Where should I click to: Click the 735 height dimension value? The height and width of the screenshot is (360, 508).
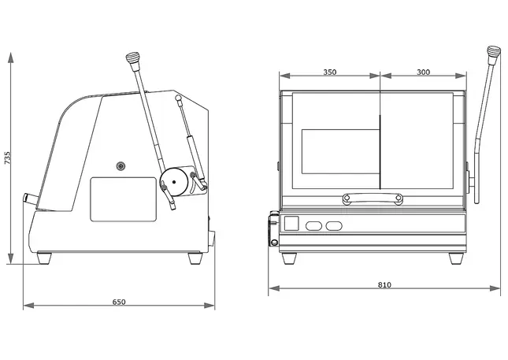[8, 158]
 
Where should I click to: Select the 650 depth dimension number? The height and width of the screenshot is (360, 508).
[119, 301]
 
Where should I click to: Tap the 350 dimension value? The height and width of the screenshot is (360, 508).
[330, 72]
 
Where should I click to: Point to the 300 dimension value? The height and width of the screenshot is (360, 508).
[423, 72]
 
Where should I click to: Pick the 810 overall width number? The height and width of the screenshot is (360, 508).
[384, 284]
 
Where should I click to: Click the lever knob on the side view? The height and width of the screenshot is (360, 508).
[132, 59]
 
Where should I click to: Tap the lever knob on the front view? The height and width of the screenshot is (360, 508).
[495, 54]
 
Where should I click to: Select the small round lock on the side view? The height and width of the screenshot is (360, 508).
[121, 165]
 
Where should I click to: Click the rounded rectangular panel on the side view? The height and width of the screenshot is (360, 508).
[123, 199]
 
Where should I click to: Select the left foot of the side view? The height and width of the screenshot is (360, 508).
[45, 257]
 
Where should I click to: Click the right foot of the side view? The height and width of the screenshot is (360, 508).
[195, 257]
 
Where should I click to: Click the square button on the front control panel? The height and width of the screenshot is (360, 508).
[291, 225]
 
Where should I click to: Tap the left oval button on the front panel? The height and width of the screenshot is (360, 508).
[313, 226]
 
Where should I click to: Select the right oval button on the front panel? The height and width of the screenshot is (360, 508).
[335, 226]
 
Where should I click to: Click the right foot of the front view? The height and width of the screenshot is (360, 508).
[455, 258]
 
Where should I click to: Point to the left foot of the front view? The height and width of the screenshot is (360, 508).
[289, 258]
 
